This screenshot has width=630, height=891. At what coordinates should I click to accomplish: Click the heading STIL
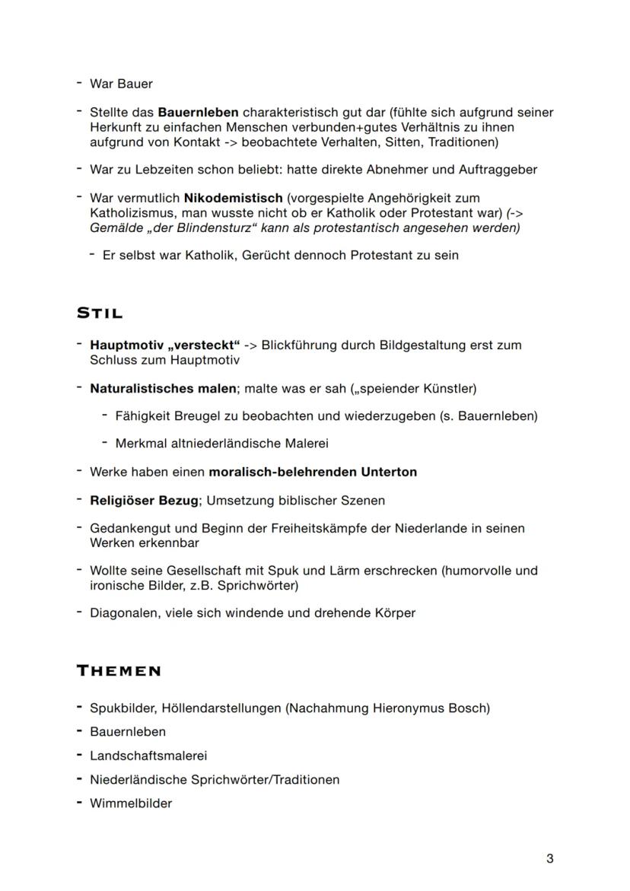100,313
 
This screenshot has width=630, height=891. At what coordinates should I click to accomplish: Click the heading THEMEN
119,670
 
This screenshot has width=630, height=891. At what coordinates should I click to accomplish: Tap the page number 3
549,859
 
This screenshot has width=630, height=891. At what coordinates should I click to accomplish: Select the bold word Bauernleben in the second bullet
198,113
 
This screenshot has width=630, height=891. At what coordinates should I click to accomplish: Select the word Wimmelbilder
131,803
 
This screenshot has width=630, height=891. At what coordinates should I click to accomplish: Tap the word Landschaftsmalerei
148,756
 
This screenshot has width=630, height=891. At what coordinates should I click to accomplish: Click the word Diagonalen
123,613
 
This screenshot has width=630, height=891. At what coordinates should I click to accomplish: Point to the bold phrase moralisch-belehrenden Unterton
313,472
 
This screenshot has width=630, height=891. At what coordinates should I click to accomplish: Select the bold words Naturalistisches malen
163,389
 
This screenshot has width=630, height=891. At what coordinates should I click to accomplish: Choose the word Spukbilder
121,708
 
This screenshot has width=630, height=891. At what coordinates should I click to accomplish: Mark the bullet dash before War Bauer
79,83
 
